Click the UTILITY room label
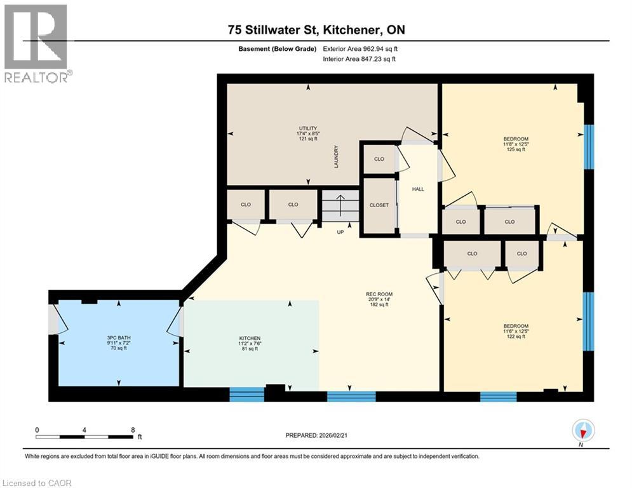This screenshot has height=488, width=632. [x=308, y=128]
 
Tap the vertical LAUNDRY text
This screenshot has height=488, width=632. [x=337, y=157]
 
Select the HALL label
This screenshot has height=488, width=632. [x=417, y=189]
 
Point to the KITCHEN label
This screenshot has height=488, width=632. [x=250, y=338]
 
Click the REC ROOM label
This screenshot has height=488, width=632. [x=379, y=294]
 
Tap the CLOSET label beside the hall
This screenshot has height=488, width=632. [x=379, y=205]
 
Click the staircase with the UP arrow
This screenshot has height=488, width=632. [x=340, y=207]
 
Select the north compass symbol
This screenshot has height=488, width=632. [x=582, y=431]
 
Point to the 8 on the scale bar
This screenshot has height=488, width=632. [x=132, y=430]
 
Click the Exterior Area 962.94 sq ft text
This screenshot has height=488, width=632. [x=361, y=48]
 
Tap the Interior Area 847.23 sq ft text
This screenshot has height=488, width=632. [x=360, y=59]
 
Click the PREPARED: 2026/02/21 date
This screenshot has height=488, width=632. [x=316, y=435]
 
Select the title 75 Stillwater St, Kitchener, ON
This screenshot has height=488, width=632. [x=316, y=30]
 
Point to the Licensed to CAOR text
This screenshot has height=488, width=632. [x=37, y=483]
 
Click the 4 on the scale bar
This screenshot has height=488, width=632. [x=84, y=430]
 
